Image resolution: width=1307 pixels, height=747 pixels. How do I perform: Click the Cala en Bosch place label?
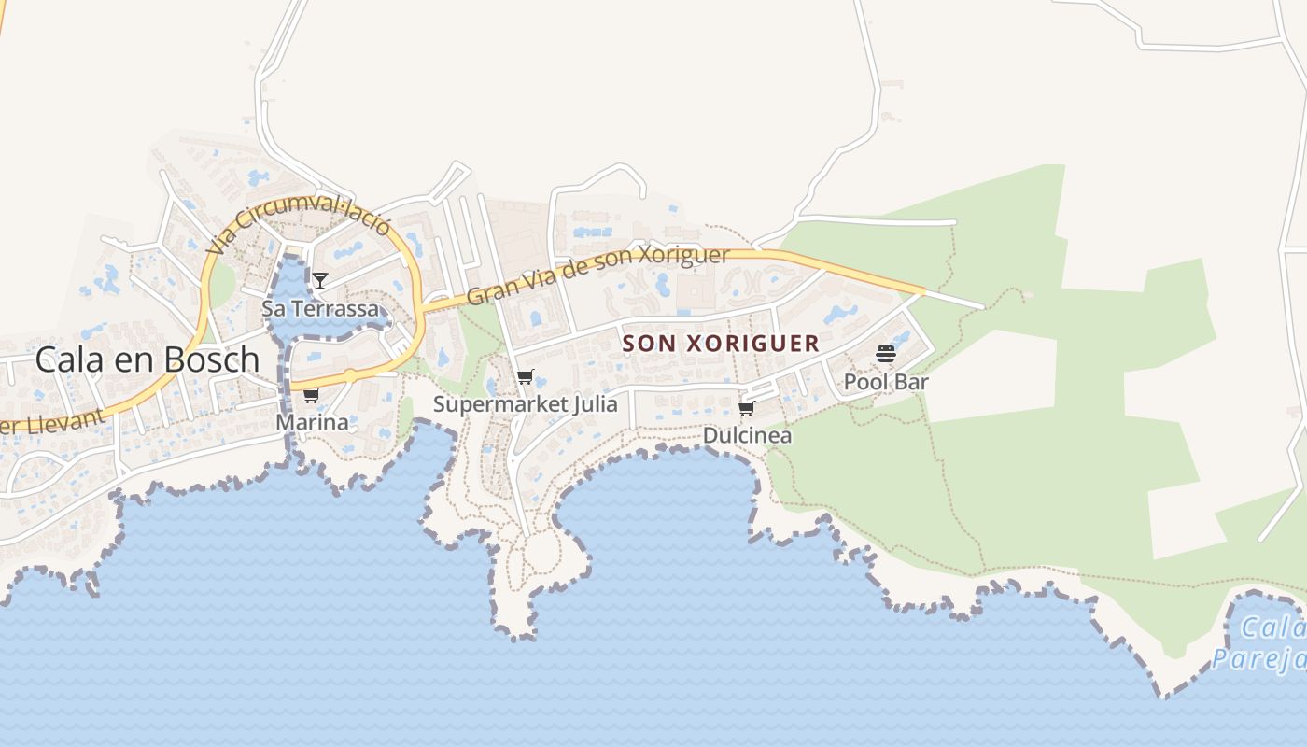point(147,359)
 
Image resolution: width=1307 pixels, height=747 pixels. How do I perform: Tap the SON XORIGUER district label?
point(721,344)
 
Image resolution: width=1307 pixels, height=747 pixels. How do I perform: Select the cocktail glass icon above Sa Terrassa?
point(320,280)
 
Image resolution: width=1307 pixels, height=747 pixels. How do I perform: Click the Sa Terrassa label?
point(320,308)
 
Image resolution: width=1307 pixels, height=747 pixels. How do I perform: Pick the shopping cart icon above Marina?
point(311,396)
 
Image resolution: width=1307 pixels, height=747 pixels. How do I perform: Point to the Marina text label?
point(312,422)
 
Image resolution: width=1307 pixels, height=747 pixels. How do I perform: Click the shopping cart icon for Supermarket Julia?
point(525,378)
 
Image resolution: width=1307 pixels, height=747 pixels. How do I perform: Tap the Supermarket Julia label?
point(525,404)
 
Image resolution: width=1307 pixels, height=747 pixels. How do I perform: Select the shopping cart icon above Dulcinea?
point(746,409)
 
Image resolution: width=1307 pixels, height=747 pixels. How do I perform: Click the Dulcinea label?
point(747,435)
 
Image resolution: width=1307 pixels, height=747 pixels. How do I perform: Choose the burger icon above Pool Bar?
point(886,354)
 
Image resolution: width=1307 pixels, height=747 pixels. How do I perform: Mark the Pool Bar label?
point(886,382)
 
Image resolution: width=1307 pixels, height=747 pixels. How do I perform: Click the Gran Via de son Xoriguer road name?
point(597,274)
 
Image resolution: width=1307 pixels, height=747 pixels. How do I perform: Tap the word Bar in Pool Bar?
point(912,382)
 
